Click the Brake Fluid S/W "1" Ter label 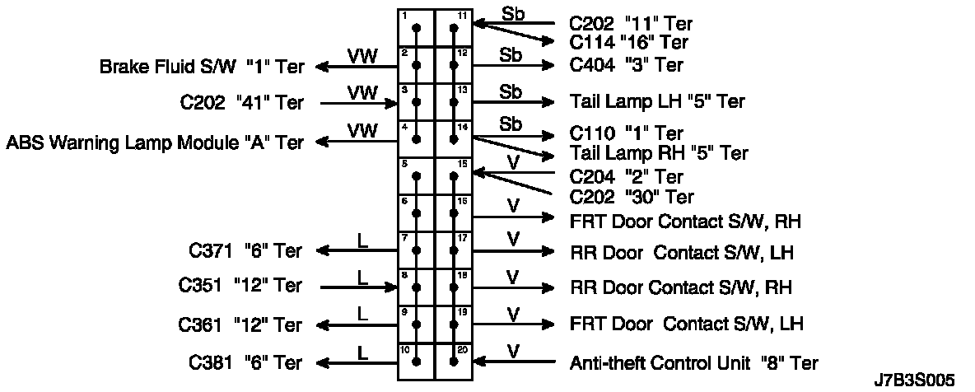201,66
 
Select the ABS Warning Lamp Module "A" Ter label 155,142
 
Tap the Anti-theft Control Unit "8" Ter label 693,362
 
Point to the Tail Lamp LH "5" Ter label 656,102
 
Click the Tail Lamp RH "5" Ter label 658,153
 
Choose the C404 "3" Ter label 626,64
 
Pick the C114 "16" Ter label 628,42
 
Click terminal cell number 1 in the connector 416,29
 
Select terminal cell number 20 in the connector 454,362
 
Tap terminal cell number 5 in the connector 416,176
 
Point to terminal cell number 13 454,102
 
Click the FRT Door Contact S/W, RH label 685,221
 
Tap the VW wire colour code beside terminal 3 362,92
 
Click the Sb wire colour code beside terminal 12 511,54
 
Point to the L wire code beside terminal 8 362,278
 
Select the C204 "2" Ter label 626,176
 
